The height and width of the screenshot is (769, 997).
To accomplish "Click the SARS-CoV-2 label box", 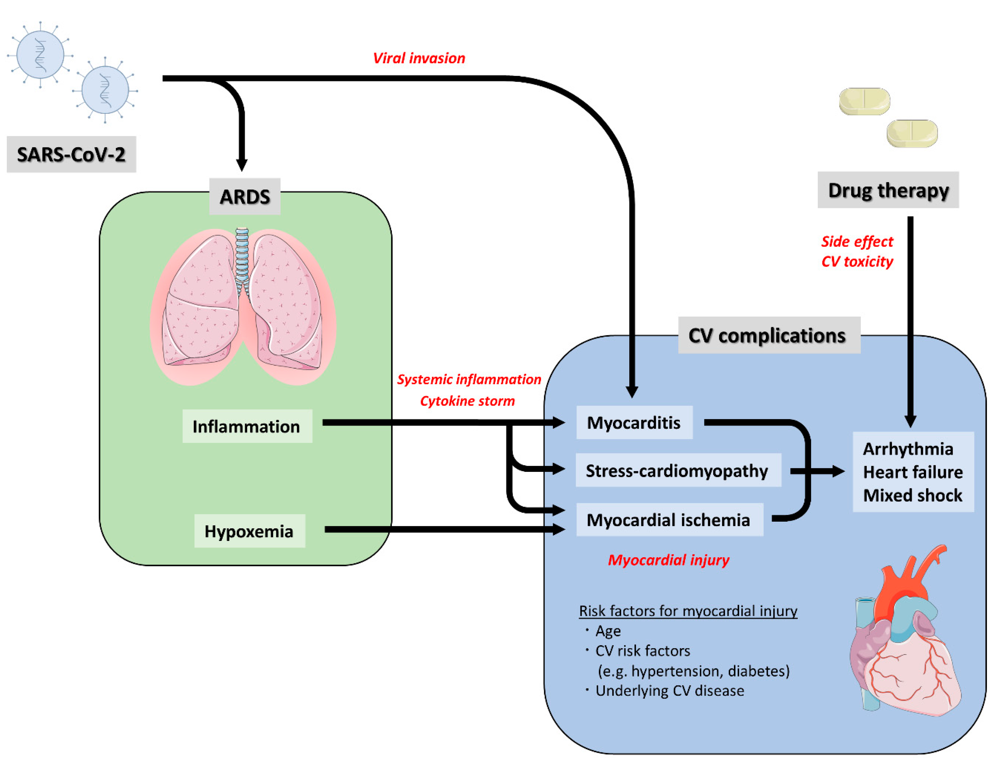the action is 71,154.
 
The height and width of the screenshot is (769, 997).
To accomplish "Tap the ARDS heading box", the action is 245,196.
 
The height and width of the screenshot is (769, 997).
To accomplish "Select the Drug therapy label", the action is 888,190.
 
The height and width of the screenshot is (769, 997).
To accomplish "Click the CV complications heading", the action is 769,335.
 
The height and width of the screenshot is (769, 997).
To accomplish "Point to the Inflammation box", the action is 247,426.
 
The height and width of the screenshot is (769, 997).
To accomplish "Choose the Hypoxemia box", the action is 250,531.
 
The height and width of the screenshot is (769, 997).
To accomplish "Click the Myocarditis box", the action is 634,422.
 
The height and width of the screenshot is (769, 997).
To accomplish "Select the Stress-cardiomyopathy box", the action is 678,470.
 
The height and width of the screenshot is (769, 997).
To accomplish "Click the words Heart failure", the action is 913,472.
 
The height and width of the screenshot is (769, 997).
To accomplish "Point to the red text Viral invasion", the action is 419,58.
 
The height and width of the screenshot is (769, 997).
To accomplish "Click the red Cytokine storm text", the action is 467,401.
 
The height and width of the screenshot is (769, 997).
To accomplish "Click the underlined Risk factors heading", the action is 688,611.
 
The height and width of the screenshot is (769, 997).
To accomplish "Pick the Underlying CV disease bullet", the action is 665,690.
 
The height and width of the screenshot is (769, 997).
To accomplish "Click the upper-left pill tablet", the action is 865,101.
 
